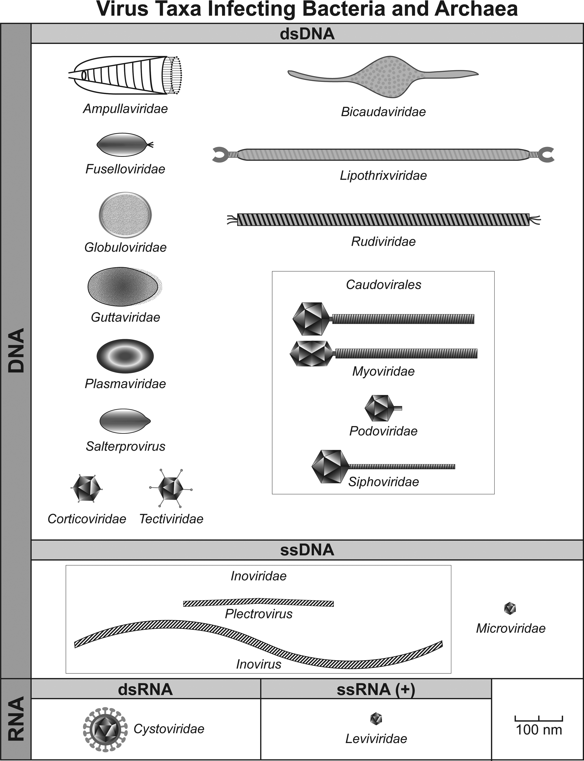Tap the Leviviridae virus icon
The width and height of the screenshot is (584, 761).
click(x=376, y=718)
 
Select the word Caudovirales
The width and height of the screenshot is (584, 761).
click(x=383, y=285)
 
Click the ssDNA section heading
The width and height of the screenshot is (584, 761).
click(x=307, y=550)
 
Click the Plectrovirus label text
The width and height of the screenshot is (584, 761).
click(x=259, y=614)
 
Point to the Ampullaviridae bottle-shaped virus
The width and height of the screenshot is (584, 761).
click(x=125, y=75)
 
